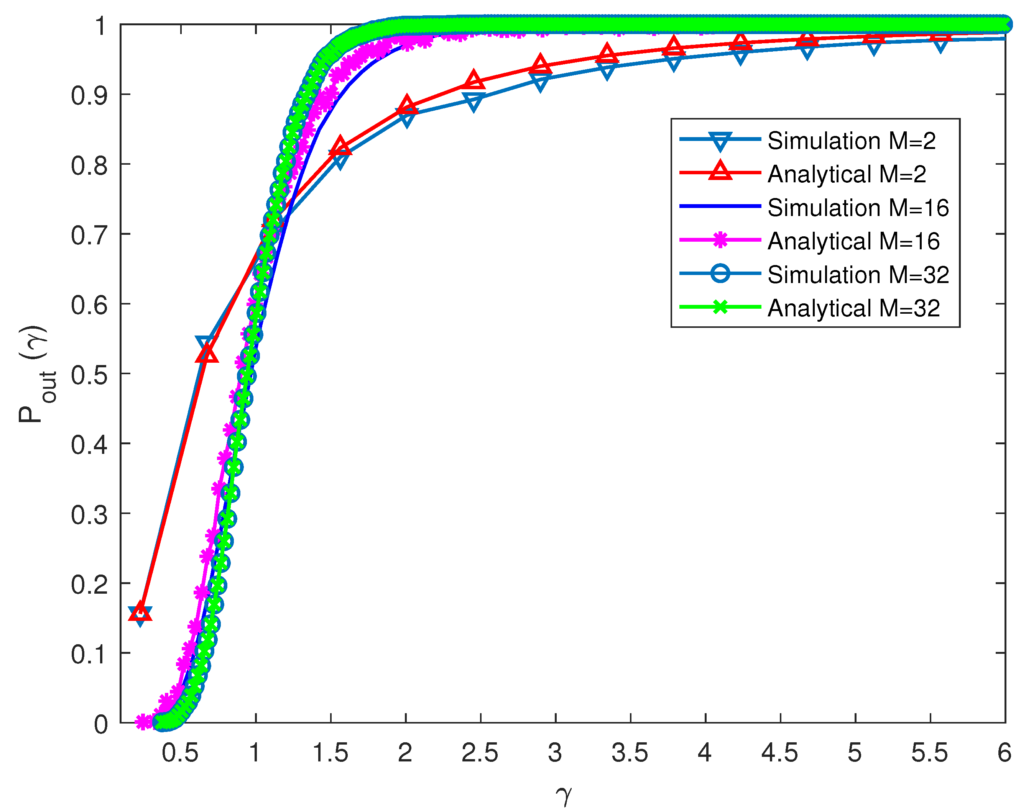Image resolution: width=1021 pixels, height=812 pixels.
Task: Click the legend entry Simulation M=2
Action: [x=851, y=141]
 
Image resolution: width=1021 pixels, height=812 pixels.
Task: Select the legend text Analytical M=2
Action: [x=846, y=174]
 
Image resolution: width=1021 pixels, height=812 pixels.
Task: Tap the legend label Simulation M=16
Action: [x=858, y=208]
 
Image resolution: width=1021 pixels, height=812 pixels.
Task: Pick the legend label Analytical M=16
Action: [x=853, y=241]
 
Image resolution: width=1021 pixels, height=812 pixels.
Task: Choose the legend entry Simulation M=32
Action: [x=858, y=275]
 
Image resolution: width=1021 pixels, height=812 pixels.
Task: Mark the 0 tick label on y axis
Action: [x=100, y=724]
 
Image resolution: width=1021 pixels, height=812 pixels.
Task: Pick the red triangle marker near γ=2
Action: [x=406, y=105]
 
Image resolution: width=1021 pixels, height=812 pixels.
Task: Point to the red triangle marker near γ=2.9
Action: [x=540, y=65]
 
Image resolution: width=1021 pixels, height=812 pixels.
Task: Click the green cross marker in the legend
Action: [x=720, y=308]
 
